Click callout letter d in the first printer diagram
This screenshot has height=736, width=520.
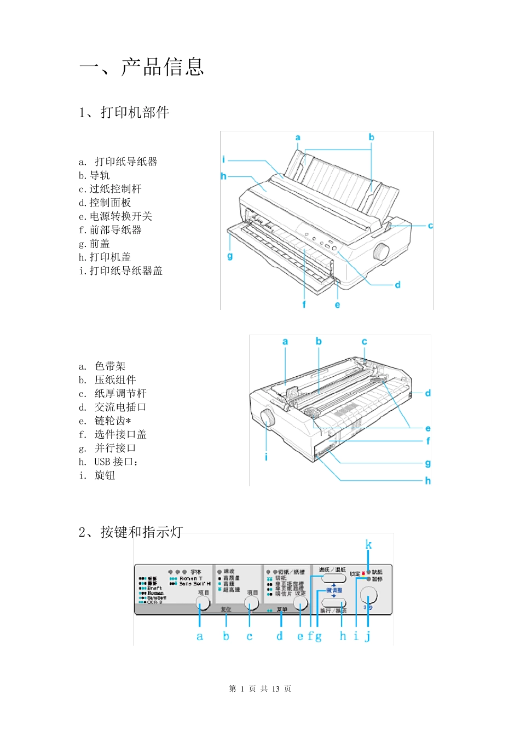coord(397,285)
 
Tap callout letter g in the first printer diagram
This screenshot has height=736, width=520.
coord(230,256)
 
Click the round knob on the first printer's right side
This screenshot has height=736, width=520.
coord(380,252)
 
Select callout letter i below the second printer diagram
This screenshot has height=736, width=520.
coord(266,457)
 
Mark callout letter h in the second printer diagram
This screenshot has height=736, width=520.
coord(427,481)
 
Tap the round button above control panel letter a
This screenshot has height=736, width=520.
coord(203,603)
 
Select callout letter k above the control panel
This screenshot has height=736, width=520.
coord(368,545)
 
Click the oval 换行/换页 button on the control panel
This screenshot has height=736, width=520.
coord(333,603)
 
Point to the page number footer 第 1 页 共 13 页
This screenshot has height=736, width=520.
coord(260,689)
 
